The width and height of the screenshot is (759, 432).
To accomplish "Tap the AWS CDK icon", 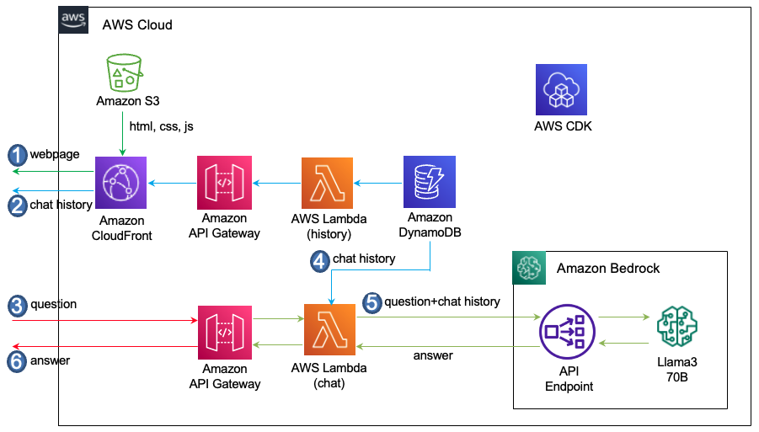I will tap(561, 89).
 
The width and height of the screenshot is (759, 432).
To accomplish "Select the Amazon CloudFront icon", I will tap(121, 182).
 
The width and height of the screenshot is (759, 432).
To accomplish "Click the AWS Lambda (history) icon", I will tap(328, 182).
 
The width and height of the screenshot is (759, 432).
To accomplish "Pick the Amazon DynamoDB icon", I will tap(430, 182).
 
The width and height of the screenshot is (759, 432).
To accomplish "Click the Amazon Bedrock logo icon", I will tap(529, 268).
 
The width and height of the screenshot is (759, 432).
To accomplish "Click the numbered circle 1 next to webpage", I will tap(18, 155).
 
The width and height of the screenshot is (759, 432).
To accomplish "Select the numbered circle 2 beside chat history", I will tap(18, 205).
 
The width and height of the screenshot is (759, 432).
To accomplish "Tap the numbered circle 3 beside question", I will tap(18, 305).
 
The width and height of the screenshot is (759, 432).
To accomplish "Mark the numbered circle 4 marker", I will tap(319, 261).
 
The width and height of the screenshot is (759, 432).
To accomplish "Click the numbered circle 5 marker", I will tap(371, 301).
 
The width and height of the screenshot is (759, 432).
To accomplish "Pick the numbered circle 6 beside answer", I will tap(18, 361).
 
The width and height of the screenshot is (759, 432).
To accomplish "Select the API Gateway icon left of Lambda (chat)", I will tap(225, 331).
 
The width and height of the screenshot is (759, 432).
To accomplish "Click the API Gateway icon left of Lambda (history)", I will tap(224, 182).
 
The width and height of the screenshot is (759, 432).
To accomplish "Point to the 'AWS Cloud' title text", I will tap(137, 24).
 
